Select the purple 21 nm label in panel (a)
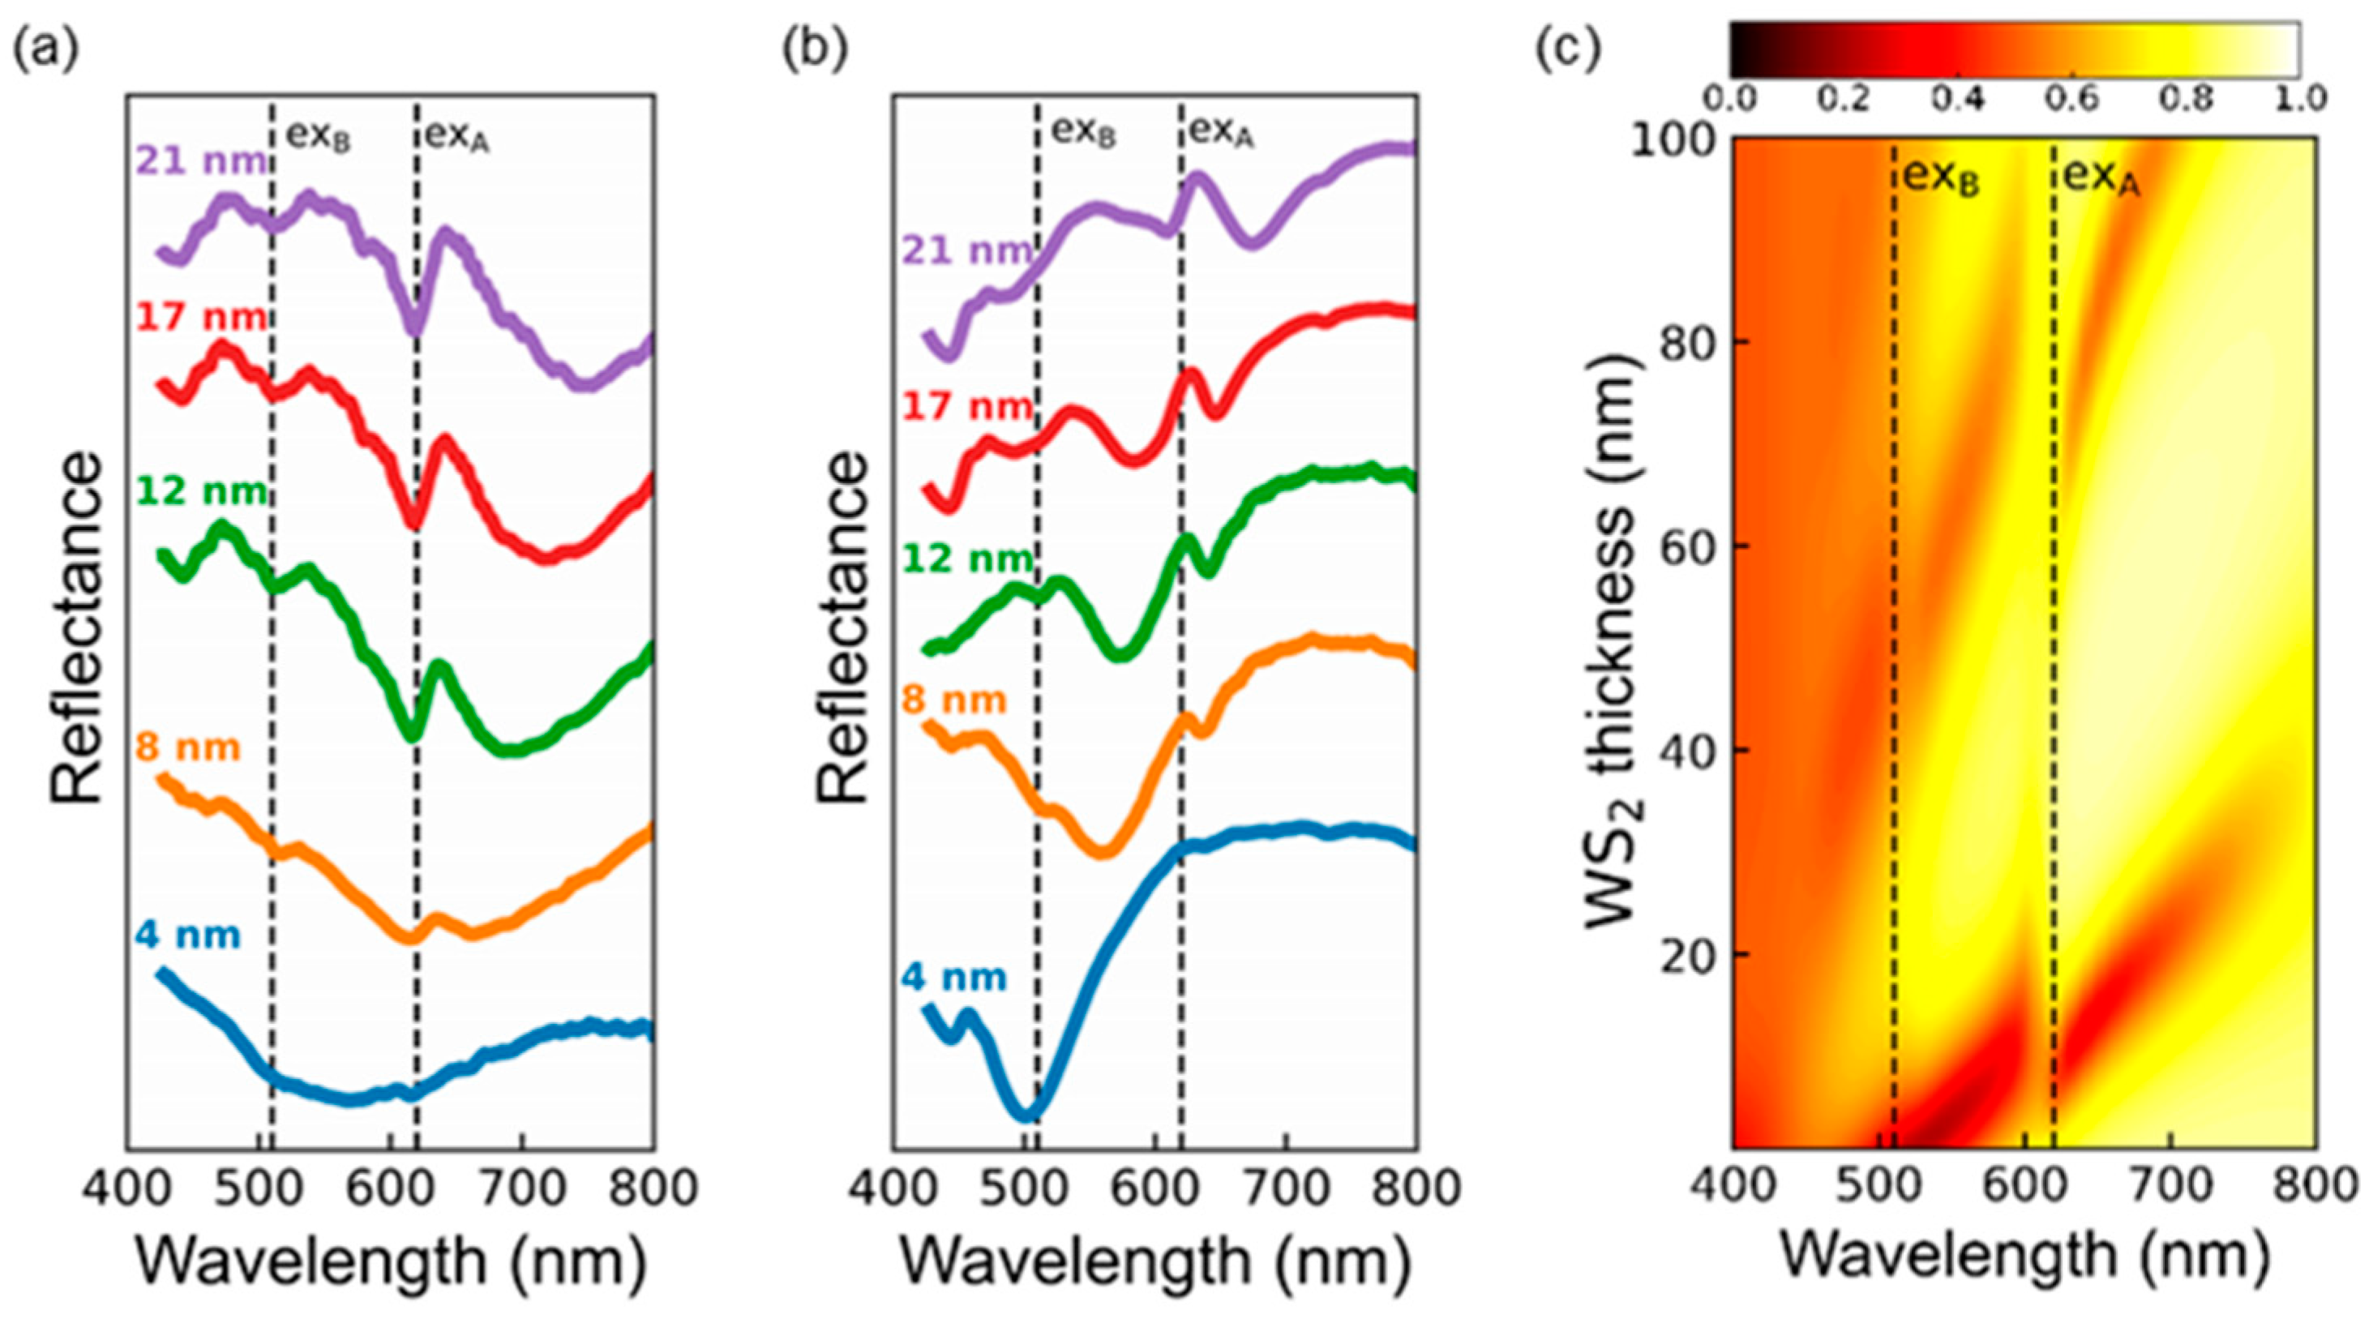[x=201, y=162]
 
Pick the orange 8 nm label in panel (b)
[x=953, y=701]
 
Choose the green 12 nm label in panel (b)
[x=967, y=558]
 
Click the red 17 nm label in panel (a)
[x=201, y=318]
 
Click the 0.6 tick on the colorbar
[x=2073, y=97]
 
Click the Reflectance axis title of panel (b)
[x=842, y=627]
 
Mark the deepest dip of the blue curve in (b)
[x=1026, y=1115]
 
